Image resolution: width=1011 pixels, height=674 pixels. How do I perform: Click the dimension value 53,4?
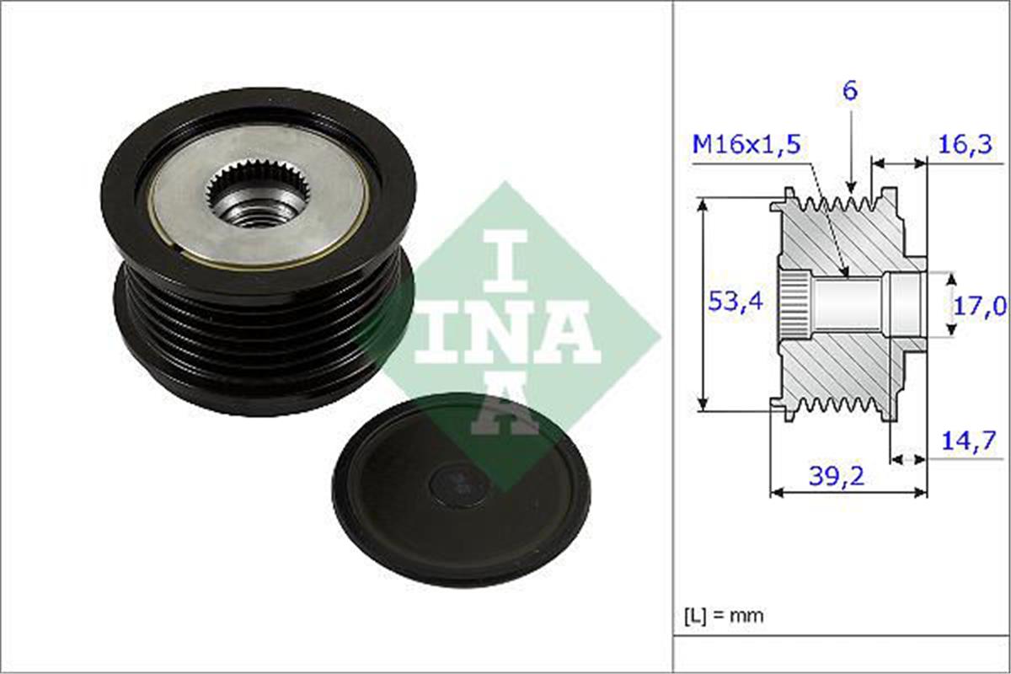pyautogui.click(x=735, y=302)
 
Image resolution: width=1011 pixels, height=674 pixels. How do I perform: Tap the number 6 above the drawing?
pyautogui.click(x=850, y=91)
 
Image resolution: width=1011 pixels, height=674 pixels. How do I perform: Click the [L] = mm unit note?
pyautogui.click(x=723, y=615)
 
